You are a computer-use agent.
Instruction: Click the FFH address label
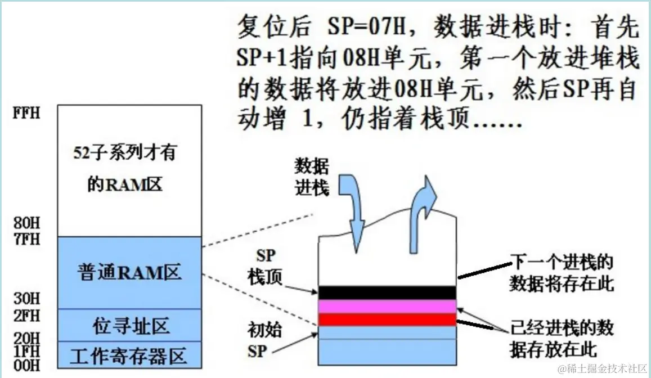[x=27, y=112]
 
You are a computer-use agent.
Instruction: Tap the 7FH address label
[x=27, y=238]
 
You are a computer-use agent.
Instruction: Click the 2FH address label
[x=27, y=316]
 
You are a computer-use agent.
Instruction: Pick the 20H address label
[x=27, y=339]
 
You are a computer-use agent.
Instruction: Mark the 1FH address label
[x=27, y=352]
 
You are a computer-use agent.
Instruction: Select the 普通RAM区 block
[x=129, y=273]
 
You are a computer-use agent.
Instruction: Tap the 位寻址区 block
[x=129, y=325]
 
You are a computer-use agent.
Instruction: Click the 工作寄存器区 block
[x=129, y=355]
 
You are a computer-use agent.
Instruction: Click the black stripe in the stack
[x=387, y=292]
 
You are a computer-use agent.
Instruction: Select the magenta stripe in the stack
[x=387, y=306]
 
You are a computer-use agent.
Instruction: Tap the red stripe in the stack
[x=387, y=319]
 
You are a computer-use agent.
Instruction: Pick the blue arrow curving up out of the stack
[x=422, y=202]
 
